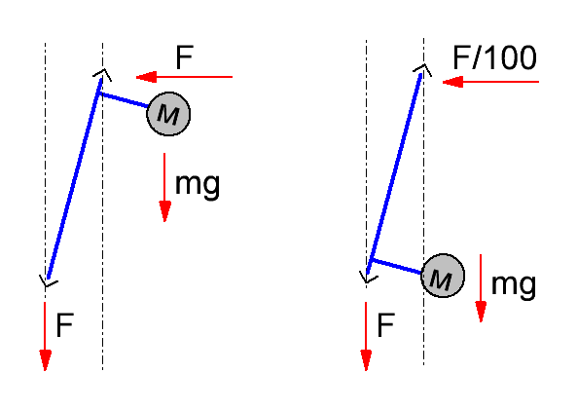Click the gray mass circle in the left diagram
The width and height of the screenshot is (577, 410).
(x=168, y=114)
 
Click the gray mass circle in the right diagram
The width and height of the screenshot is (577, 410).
(x=443, y=276)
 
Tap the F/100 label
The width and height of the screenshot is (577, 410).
(x=494, y=57)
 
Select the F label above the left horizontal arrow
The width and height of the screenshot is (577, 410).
(x=184, y=57)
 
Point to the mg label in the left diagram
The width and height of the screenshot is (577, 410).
(x=198, y=185)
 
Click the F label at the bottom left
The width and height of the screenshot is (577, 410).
(x=65, y=325)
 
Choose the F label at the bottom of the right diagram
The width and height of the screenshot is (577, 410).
(x=386, y=325)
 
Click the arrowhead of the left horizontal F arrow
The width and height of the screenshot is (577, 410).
(x=147, y=77)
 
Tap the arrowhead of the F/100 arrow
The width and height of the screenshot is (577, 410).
(x=452, y=82)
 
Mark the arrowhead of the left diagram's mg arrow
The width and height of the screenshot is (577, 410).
(x=164, y=211)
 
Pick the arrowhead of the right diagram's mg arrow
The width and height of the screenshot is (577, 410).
(x=481, y=312)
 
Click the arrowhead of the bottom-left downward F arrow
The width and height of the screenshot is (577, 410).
(x=46, y=360)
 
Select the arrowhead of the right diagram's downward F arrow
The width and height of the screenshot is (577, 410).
(x=366, y=360)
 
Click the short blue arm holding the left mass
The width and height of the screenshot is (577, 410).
(x=124, y=100)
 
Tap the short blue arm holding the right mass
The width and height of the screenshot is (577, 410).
(x=396, y=266)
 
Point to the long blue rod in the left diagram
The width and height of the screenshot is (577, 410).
(x=74, y=178)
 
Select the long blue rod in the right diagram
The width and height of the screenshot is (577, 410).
(x=394, y=174)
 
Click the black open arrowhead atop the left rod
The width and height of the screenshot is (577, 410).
(x=103, y=74)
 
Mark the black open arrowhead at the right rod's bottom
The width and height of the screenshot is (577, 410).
(x=368, y=279)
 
